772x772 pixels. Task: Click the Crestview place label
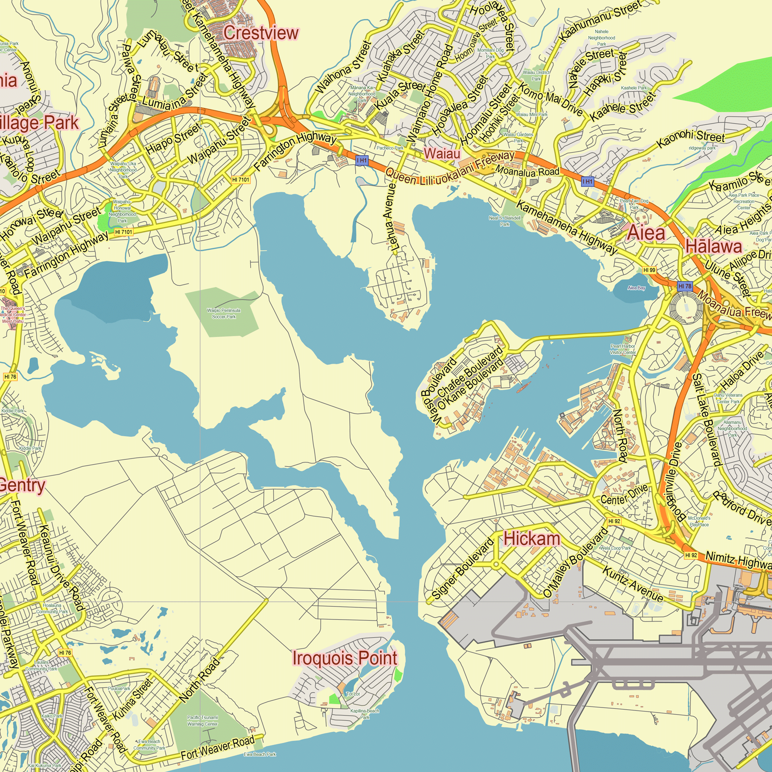(x=261, y=33)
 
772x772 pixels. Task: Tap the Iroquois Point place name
(x=345, y=658)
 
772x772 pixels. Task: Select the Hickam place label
(x=532, y=538)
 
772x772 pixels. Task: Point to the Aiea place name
(x=647, y=232)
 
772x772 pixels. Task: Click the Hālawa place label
(x=714, y=246)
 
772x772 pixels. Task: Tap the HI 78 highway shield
(x=684, y=286)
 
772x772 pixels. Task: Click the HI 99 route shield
(x=649, y=270)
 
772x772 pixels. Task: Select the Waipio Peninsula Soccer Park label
(x=224, y=314)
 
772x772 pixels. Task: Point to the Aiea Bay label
(x=636, y=288)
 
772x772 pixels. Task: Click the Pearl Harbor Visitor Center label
(x=623, y=349)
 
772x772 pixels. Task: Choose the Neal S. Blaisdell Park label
(x=505, y=221)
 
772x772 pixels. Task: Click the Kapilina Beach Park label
(x=364, y=714)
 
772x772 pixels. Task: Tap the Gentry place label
(x=22, y=485)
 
